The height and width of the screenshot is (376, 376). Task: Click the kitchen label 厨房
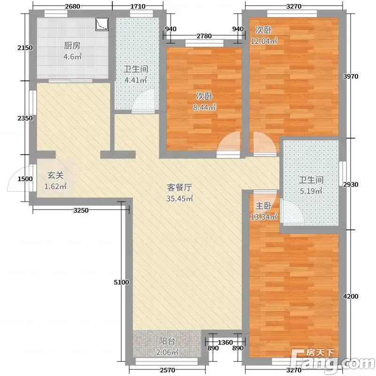pyautogui.click(x=72, y=46)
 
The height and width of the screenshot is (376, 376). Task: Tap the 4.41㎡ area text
pyautogui.click(x=135, y=80)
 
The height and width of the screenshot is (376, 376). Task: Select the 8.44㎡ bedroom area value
pyautogui.click(x=204, y=107)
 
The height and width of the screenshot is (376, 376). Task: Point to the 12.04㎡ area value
pyautogui.click(x=264, y=41)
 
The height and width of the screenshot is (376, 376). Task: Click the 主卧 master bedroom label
pyautogui.click(x=264, y=206)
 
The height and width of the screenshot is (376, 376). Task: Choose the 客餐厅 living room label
pyautogui.click(x=180, y=187)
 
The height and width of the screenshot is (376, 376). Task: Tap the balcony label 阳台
pyautogui.click(x=167, y=341)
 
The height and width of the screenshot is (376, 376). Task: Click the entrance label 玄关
pyautogui.click(x=55, y=175)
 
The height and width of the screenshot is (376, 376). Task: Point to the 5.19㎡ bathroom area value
pyautogui.click(x=311, y=191)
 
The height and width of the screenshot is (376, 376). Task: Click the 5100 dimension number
pyautogui.click(x=121, y=282)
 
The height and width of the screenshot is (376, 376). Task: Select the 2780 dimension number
pyautogui.click(x=204, y=36)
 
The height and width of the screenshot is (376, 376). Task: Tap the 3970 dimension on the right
pyautogui.click(x=351, y=77)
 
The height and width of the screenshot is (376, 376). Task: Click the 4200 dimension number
pyautogui.click(x=351, y=297)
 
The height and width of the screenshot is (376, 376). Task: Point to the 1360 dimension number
pyautogui.click(x=225, y=342)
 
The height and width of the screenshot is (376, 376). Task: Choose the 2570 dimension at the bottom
pyautogui.click(x=167, y=370)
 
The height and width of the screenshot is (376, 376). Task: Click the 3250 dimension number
pyautogui.click(x=81, y=211)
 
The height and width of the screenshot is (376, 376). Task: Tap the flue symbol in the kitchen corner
pyautogui.click(x=102, y=24)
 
